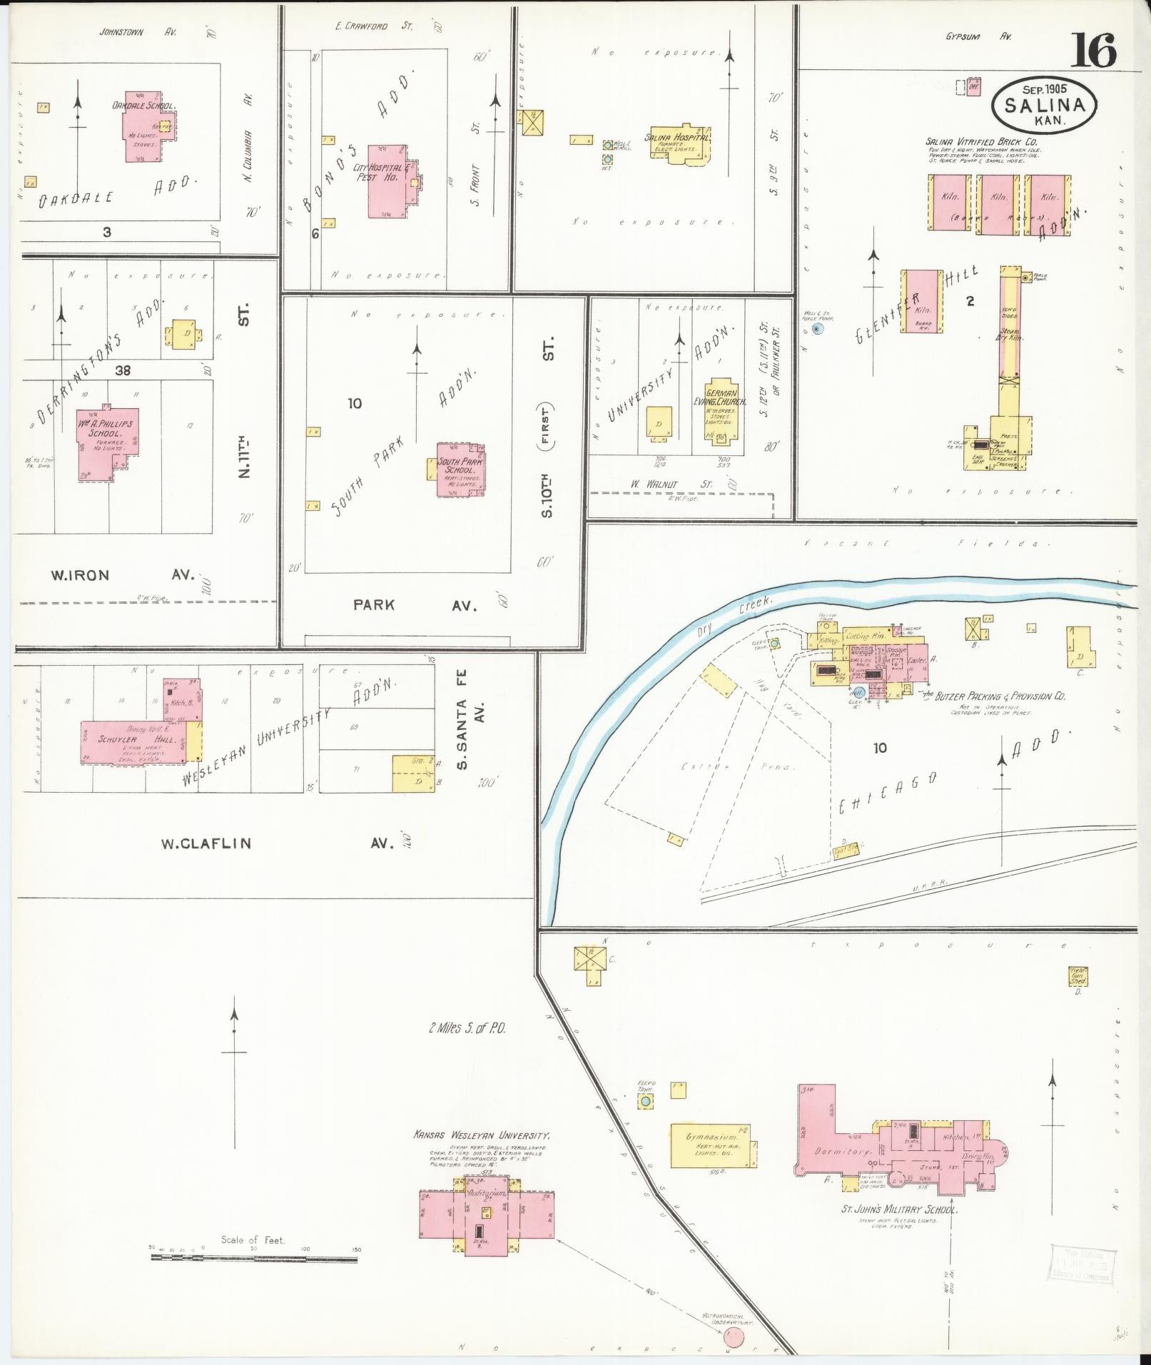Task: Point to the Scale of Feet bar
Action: pyautogui.click(x=254, y=1259)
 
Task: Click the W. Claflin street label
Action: pyautogui.click(x=206, y=843)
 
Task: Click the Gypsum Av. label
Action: pyautogui.click(x=978, y=37)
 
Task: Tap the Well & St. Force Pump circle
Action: pyautogui.click(x=818, y=329)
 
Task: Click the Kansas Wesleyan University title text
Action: pyautogui.click(x=482, y=1135)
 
